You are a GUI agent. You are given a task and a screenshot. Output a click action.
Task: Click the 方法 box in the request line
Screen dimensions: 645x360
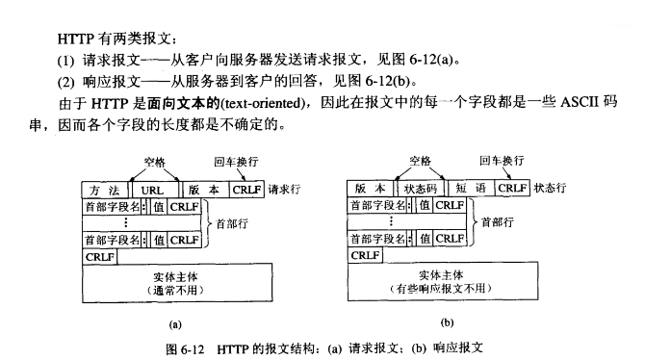tap(105, 190)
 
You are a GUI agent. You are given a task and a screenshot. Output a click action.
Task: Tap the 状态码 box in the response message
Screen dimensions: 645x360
tap(421, 189)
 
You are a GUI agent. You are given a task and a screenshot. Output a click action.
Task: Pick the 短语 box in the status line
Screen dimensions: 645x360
tap(471, 189)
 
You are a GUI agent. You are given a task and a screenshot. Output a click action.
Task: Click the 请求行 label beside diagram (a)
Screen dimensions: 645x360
tap(284, 190)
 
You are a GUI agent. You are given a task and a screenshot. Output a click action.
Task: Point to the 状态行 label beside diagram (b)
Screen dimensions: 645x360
tap(550, 188)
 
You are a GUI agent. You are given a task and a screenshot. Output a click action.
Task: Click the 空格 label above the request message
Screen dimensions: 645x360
tap(155, 162)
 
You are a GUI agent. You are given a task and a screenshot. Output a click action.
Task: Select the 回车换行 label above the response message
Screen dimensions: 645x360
tap(502, 161)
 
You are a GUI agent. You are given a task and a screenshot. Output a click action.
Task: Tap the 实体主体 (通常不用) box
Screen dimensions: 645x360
tap(177, 283)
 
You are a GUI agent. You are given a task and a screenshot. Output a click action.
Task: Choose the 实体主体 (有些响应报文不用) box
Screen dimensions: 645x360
tap(443, 281)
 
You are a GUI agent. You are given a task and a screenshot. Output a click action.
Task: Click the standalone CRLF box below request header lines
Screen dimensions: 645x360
tap(100, 257)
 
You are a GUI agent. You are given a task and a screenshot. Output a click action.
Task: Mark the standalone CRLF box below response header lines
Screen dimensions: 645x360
tap(365, 255)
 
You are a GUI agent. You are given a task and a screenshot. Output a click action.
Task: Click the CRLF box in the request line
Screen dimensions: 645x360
tap(246, 190)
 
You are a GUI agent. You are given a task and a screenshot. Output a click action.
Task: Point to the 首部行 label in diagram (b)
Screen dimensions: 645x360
tap(498, 222)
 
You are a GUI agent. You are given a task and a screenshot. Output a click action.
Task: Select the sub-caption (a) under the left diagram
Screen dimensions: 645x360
tap(175, 324)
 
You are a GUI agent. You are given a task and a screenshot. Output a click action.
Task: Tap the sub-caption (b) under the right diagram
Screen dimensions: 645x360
tap(447, 322)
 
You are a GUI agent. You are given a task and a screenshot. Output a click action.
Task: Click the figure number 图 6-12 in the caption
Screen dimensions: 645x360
tap(185, 349)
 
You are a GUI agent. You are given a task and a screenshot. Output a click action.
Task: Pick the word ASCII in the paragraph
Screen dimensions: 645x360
tap(580, 102)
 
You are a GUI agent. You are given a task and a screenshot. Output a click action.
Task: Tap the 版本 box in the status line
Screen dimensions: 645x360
tap(371, 189)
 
